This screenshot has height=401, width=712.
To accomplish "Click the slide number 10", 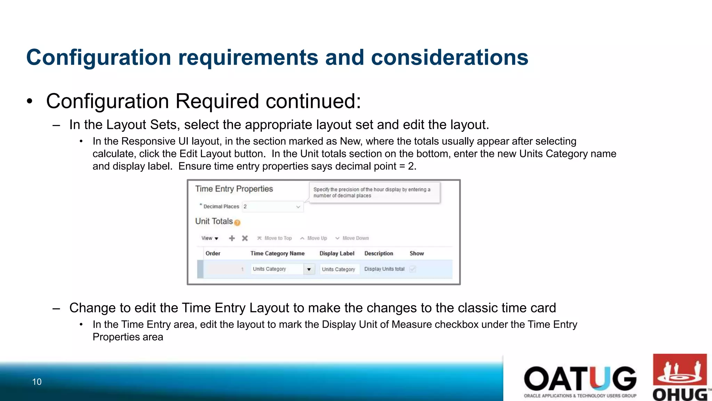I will click(37, 382).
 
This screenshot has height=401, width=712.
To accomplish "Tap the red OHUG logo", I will click(680, 377).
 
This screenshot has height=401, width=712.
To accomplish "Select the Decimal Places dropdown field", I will click(272, 207).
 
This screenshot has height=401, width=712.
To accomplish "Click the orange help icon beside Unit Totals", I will click(237, 223).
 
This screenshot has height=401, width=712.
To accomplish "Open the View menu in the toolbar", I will click(210, 238).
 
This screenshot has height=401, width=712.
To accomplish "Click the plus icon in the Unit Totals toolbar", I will click(232, 238).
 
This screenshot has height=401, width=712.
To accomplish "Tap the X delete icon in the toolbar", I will click(245, 238).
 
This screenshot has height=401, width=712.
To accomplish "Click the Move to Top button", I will click(275, 238).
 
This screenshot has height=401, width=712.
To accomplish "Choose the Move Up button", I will click(314, 238).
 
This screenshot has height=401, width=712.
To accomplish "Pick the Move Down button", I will click(352, 238).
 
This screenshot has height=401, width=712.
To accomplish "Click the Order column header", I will click(213, 253).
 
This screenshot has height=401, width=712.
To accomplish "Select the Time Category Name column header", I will click(277, 253).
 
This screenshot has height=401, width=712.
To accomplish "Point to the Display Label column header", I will click(337, 253).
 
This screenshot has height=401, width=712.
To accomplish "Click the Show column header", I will click(416, 253).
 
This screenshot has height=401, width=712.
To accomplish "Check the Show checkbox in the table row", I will click(413, 269).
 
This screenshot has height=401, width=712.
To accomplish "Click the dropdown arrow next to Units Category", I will click(309, 269).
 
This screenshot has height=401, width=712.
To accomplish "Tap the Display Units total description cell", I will click(384, 269).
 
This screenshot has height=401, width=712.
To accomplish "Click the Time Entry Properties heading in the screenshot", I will click(234, 189).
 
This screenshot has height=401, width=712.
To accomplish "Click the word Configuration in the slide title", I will click(98, 57).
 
